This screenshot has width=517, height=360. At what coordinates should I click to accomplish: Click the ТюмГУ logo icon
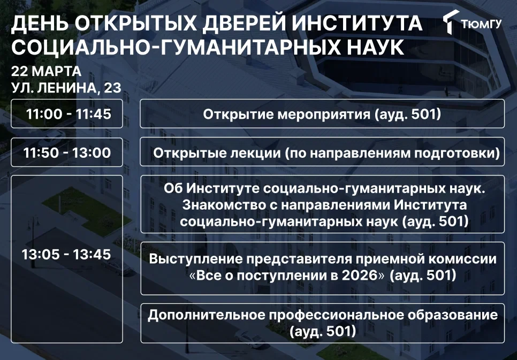(451, 22)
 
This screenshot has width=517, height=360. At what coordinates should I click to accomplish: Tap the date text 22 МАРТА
(46, 71)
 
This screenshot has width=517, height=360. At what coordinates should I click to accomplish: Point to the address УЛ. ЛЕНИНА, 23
(66, 88)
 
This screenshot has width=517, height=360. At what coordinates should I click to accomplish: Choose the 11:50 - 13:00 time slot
(67, 152)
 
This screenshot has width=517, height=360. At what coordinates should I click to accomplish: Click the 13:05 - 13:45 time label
(66, 254)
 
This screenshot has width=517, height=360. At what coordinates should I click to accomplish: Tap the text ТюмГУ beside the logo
(481, 24)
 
